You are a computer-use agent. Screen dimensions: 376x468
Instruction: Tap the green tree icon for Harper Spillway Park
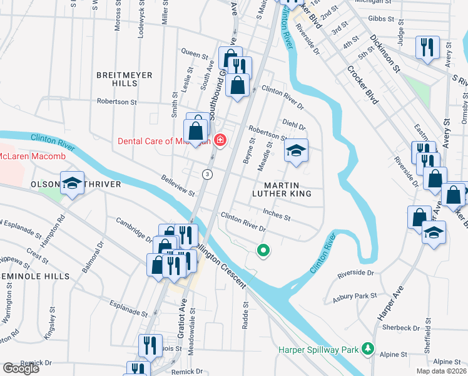369,348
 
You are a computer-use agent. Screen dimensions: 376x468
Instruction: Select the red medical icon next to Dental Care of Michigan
220,140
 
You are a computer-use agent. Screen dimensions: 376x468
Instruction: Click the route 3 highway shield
207,173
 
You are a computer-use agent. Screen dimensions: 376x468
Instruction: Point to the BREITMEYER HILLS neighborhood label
125,79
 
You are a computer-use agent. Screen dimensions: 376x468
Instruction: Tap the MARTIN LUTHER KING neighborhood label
287,190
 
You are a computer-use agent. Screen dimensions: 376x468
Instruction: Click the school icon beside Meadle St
297,150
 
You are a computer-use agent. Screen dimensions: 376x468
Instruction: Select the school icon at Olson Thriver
72,183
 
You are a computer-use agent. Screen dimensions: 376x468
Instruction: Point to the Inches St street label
276,215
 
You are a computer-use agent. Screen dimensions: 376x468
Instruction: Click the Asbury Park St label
355,296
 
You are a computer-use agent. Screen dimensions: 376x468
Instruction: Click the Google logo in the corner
21,368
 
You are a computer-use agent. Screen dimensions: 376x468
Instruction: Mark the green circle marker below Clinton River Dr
263,251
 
